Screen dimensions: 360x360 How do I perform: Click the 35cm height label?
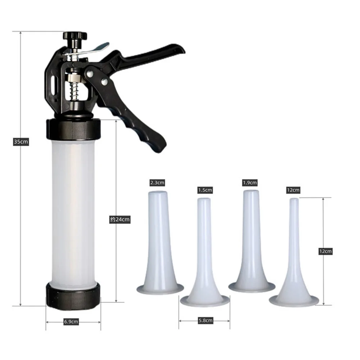pyautogui.click(x=21, y=142)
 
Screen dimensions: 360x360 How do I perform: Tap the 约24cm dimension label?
pyautogui.click(x=120, y=219)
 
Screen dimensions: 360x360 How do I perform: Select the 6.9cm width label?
pyautogui.click(x=71, y=322)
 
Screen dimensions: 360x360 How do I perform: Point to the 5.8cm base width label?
pyautogui.click(x=205, y=320)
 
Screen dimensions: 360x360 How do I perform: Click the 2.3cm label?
pyautogui.click(x=157, y=183)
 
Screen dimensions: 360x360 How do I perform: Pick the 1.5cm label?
pyautogui.click(x=205, y=190)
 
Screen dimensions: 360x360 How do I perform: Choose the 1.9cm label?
pyautogui.click(x=250, y=183)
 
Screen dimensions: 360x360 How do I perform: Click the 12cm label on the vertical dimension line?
pyautogui.click(x=325, y=251)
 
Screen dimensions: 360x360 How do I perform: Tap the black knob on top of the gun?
pyautogui.click(x=75, y=36)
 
